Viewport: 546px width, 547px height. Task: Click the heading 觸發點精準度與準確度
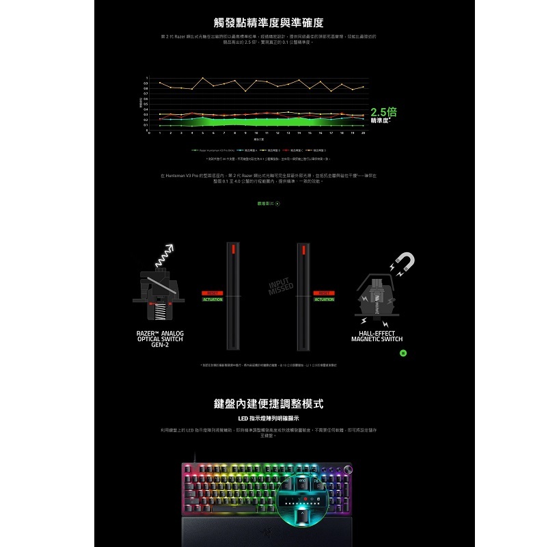tap(273, 23)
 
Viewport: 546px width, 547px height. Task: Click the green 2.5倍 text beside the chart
tap(383, 111)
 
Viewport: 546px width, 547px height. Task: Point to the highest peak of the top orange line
tap(203, 78)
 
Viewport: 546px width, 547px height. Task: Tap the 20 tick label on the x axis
tap(363, 133)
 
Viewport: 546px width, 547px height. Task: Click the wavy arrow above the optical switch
tap(163, 255)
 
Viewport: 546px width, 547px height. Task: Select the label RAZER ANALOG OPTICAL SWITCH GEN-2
tap(160, 339)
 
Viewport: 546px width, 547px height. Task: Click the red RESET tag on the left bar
tap(213, 293)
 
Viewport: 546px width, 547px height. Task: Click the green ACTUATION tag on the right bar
tap(324, 299)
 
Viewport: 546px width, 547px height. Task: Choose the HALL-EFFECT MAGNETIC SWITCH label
tap(377, 336)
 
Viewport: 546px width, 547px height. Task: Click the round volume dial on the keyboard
tap(353, 469)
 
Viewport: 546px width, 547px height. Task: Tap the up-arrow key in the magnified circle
tap(305, 513)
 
